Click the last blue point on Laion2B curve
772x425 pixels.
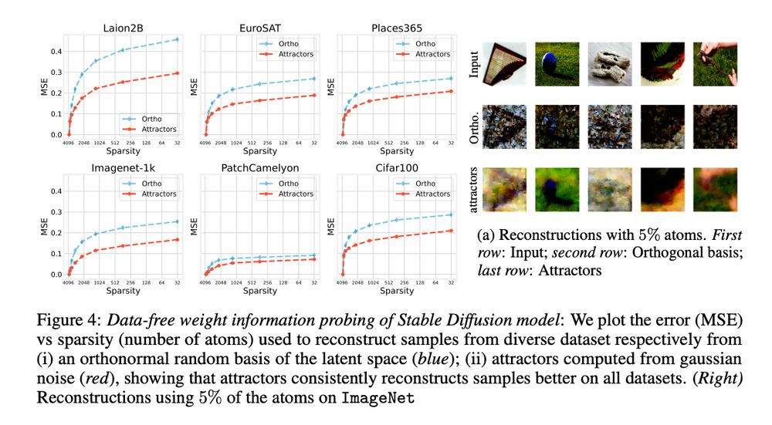178,39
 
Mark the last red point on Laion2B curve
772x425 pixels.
178,73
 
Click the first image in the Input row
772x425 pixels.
505,62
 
